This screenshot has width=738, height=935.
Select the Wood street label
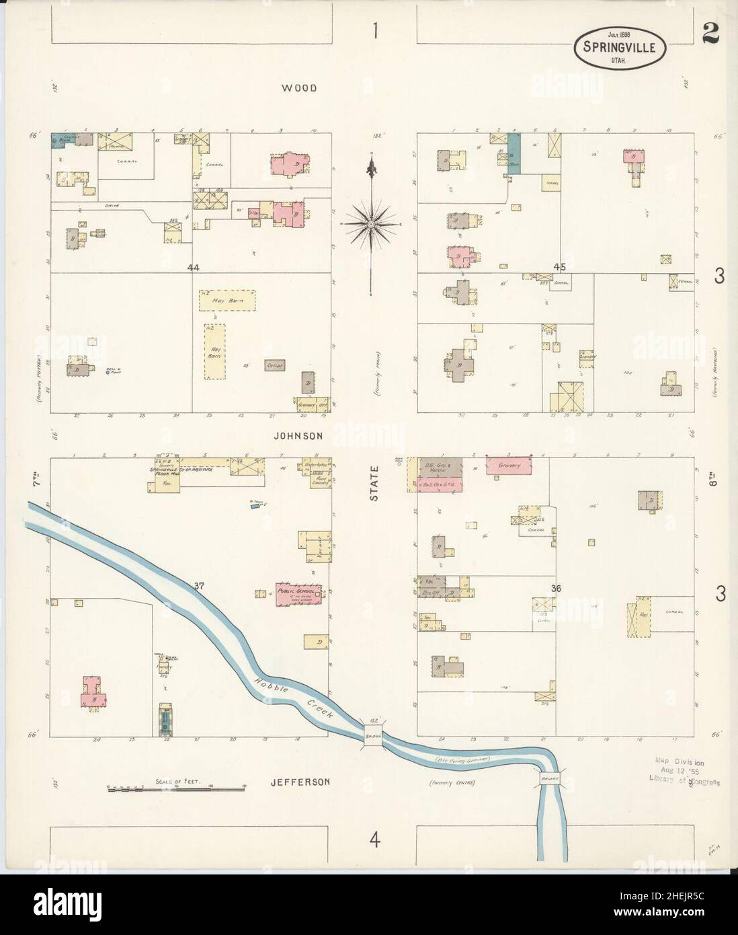point(299,88)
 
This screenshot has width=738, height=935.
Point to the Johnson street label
point(298,436)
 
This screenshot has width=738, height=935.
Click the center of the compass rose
point(371,222)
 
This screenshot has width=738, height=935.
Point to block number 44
point(194,268)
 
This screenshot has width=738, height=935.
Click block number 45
point(559,267)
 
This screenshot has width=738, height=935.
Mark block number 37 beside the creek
point(199,585)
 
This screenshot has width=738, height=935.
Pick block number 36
point(555,589)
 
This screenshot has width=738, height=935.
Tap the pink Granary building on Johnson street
point(509,465)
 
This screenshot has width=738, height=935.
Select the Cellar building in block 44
point(274,365)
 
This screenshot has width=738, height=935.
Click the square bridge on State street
point(374,735)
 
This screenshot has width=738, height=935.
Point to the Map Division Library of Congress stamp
point(680,771)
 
